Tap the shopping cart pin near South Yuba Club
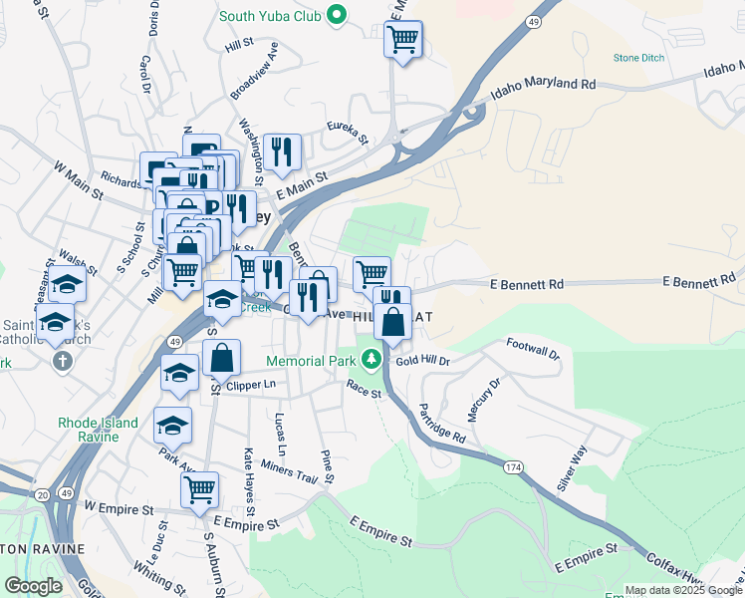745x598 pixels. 402,41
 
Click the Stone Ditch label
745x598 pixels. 637,59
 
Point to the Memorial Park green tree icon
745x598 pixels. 372,357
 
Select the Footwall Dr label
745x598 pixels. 533,348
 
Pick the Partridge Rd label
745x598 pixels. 441,424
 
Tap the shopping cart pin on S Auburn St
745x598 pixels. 199,489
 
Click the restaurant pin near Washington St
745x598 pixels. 282,151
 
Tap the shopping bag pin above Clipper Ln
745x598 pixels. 221,356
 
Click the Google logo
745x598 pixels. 33,586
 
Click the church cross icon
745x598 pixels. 63,359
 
